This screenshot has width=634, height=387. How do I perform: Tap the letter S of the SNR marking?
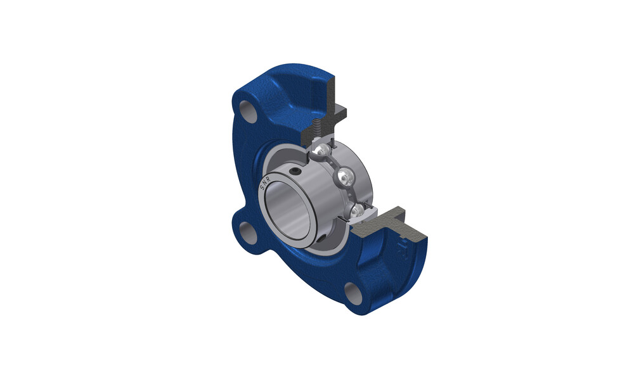pyautogui.click(x=262, y=188)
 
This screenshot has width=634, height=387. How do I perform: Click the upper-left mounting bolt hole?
pyautogui.click(x=249, y=111)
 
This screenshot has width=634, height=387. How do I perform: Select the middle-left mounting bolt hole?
pyautogui.click(x=247, y=232)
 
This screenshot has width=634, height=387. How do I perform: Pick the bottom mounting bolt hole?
pyautogui.click(x=353, y=294)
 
